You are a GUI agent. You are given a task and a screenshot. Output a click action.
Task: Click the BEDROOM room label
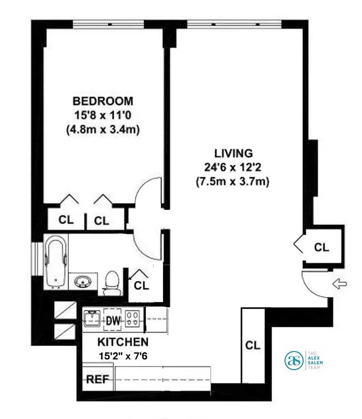tap(103, 101)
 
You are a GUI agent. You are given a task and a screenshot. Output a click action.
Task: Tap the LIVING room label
tap(234, 153)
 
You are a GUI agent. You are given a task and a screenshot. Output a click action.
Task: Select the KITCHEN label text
tap(123, 342)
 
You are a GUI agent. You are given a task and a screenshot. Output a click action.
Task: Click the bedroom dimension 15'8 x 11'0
tap(103, 115)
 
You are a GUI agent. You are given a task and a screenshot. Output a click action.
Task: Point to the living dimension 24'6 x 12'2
tap(232, 168)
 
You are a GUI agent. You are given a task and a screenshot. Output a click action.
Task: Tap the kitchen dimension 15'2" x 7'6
tap(123, 356)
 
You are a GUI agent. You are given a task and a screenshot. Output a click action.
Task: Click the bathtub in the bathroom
tap(56, 262)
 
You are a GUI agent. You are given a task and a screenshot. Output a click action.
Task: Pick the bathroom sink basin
tap(83, 282)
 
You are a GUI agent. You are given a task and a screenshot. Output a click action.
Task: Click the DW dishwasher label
tap(113, 320)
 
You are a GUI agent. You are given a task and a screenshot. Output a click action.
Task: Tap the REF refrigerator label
tap(98, 379)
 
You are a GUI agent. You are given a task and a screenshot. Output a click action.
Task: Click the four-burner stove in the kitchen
tap(132, 319)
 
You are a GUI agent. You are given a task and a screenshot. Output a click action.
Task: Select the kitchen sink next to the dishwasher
tap(92, 319)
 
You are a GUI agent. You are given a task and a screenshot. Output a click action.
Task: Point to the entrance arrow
tap(339, 284)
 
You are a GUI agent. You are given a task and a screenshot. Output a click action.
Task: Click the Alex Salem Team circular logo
tap(294, 360)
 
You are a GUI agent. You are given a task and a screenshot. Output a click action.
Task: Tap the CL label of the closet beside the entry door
tap(321, 247)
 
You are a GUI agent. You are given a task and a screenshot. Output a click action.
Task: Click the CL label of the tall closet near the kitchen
tap(252, 345)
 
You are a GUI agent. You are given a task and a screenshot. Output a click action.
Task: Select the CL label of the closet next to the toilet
tap(141, 286)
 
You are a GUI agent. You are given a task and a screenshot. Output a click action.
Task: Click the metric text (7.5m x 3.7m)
tap(232, 182)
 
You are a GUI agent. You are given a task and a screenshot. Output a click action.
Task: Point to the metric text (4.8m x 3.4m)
tap(103, 129)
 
